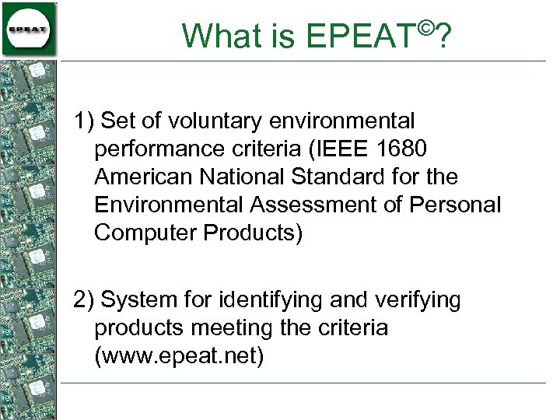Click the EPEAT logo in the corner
click(28, 29)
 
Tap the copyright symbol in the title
click(425, 29)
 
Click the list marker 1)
click(84, 122)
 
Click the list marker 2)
click(84, 300)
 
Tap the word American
click(144, 177)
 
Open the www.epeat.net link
click(179, 356)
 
